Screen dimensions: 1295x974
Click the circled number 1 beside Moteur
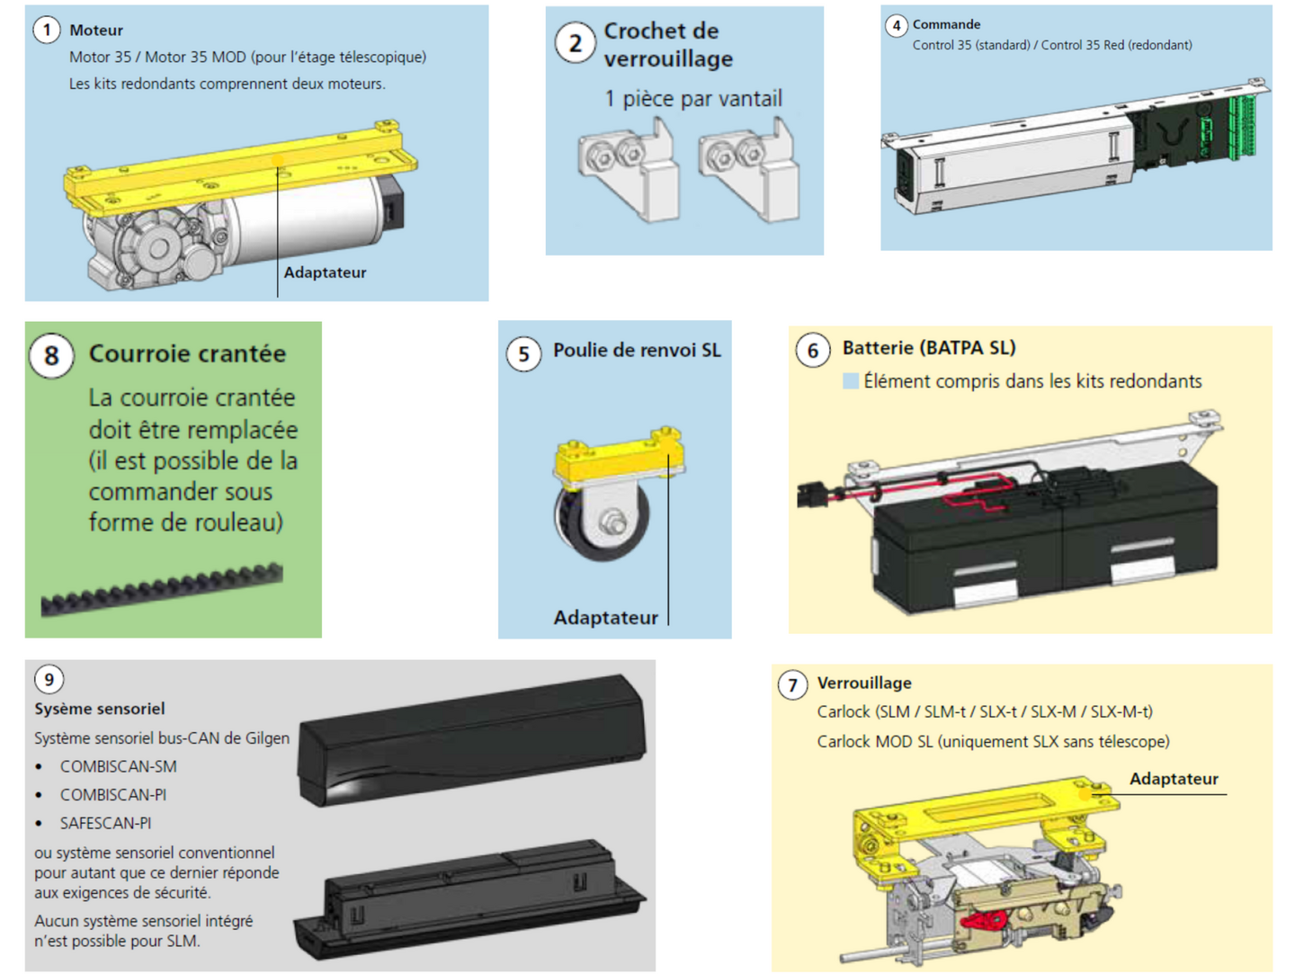pyautogui.click(x=47, y=30)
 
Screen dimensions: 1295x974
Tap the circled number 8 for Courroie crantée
pyautogui.click(x=51, y=356)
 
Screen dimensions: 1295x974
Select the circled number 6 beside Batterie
pyautogui.click(x=813, y=351)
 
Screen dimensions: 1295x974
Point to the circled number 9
pyautogui.click(x=49, y=679)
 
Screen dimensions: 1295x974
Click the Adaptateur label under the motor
pyautogui.click(x=325, y=273)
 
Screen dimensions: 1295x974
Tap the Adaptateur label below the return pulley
pyautogui.click(x=605, y=618)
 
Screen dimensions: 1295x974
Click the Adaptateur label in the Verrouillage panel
pyautogui.click(x=1174, y=779)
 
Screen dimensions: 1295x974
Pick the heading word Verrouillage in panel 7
pyautogui.click(x=863, y=683)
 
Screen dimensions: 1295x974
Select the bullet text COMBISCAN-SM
pyautogui.click(x=118, y=766)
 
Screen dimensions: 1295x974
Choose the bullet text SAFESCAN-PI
pyautogui.click(x=105, y=823)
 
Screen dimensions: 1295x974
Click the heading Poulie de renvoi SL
pyautogui.click(x=637, y=350)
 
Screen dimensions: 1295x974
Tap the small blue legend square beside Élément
pyautogui.click(x=850, y=381)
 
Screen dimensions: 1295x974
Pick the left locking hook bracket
pyautogui.click(x=629, y=169)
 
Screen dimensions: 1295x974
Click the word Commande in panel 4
pyautogui.click(x=946, y=24)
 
